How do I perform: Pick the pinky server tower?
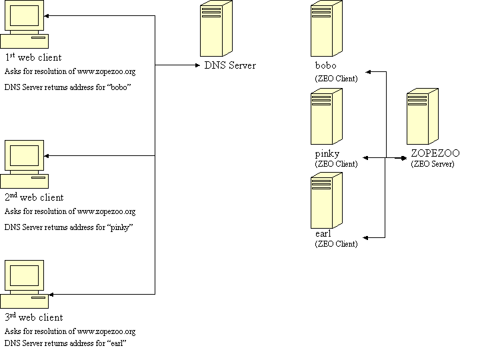pyautogui.click(x=326, y=117)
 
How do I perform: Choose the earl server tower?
pyautogui.click(x=326, y=201)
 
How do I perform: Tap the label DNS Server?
pyautogui.click(x=229, y=65)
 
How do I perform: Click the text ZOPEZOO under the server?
pyautogui.click(x=435, y=153)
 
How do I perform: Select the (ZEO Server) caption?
pyautogui.click(x=432, y=164)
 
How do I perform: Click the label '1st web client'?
pyautogui.click(x=33, y=57)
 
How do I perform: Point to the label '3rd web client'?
pyautogui.click(x=34, y=317)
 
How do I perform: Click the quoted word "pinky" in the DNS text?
pyautogui.click(x=121, y=227)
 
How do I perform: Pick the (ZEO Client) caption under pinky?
pyautogui.click(x=336, y=164)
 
